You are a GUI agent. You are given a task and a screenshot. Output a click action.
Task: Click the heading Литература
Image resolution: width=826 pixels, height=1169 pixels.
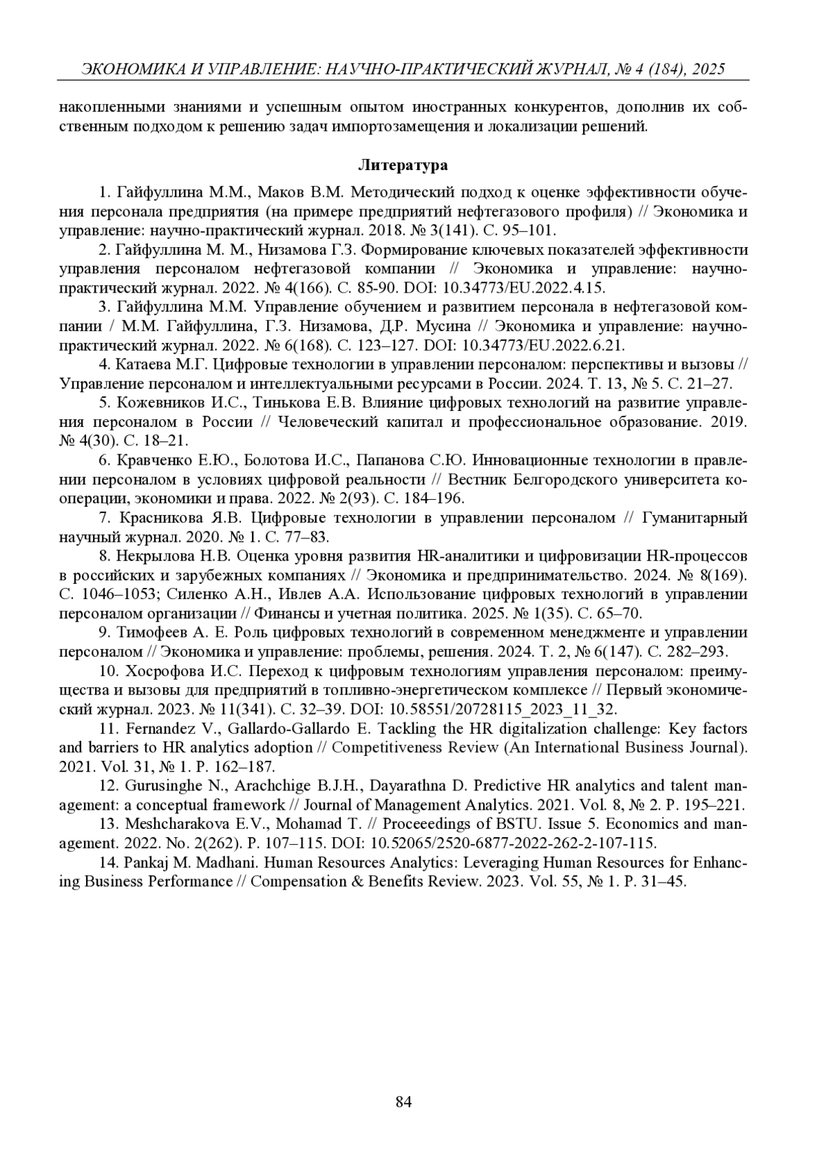click(x=403, y=165)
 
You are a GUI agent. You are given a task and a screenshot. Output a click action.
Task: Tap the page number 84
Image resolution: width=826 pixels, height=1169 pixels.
click(x=404, y=1102)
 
